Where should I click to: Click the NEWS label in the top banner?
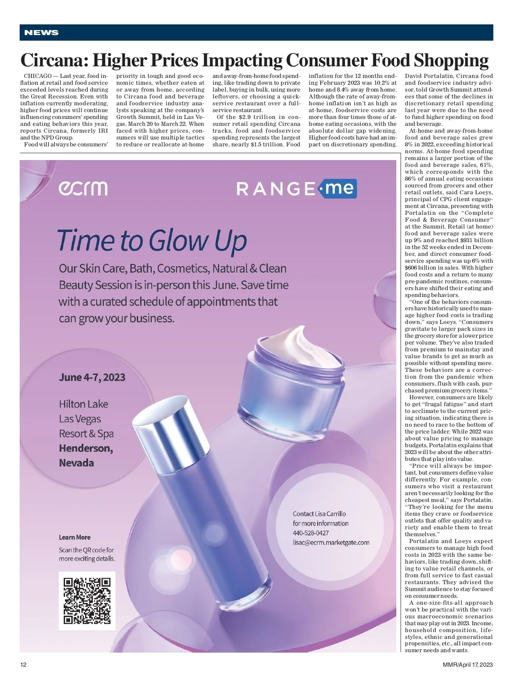pos(41,33)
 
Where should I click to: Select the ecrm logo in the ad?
pos(83,188)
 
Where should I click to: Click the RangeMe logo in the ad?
pos(296,188)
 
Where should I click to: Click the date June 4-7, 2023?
pos(92,377)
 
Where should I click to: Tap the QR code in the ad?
pos(87,601)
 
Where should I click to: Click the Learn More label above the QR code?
pos(75,537)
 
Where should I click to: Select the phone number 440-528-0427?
pos(311,533)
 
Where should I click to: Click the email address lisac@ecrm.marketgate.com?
pos(331,542)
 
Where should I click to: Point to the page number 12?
pos(24,665)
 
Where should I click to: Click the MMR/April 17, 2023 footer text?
pos(468,665)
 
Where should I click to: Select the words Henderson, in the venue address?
pos(86,448)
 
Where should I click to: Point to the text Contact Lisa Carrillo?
pos(319,514)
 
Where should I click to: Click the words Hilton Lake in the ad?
pos(83,404)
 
